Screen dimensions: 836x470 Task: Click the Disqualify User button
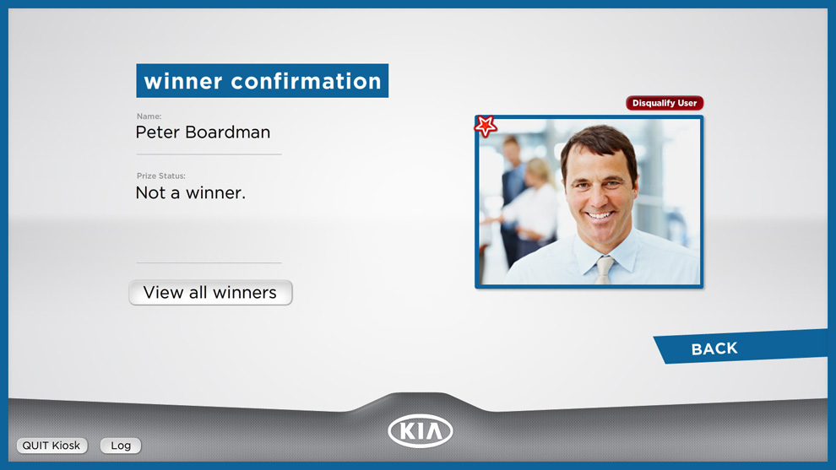(x=665, y=103)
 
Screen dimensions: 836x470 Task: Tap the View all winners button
(x=210, y=293)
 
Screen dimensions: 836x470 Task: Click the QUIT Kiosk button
(x=52, y=446)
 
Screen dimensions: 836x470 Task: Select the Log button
(x=121, y=446)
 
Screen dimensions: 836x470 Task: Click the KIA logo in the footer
(x=421, y=430)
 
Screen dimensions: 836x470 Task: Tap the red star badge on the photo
(x=486, y=127)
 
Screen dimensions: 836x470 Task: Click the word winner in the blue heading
(x=183, y=82)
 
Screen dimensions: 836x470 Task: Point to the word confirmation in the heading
(x=306, y=82)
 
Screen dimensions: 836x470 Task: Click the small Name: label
(x=149, y=116)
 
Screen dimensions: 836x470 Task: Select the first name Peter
(x=157, y=132)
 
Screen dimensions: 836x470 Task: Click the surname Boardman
(x=228, y=132)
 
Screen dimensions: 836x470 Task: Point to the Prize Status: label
(x=161, y=176)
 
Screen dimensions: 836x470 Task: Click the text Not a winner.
(x=190, y=193)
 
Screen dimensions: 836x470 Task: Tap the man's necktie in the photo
(x=604, y=270)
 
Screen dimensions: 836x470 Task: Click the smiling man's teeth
(x=600, y=215)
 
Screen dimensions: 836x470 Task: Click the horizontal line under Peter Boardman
(x=209, y=154)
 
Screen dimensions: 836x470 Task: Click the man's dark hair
(x=597, y=143)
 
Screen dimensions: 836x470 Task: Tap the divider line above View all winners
(x=209, y=262)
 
